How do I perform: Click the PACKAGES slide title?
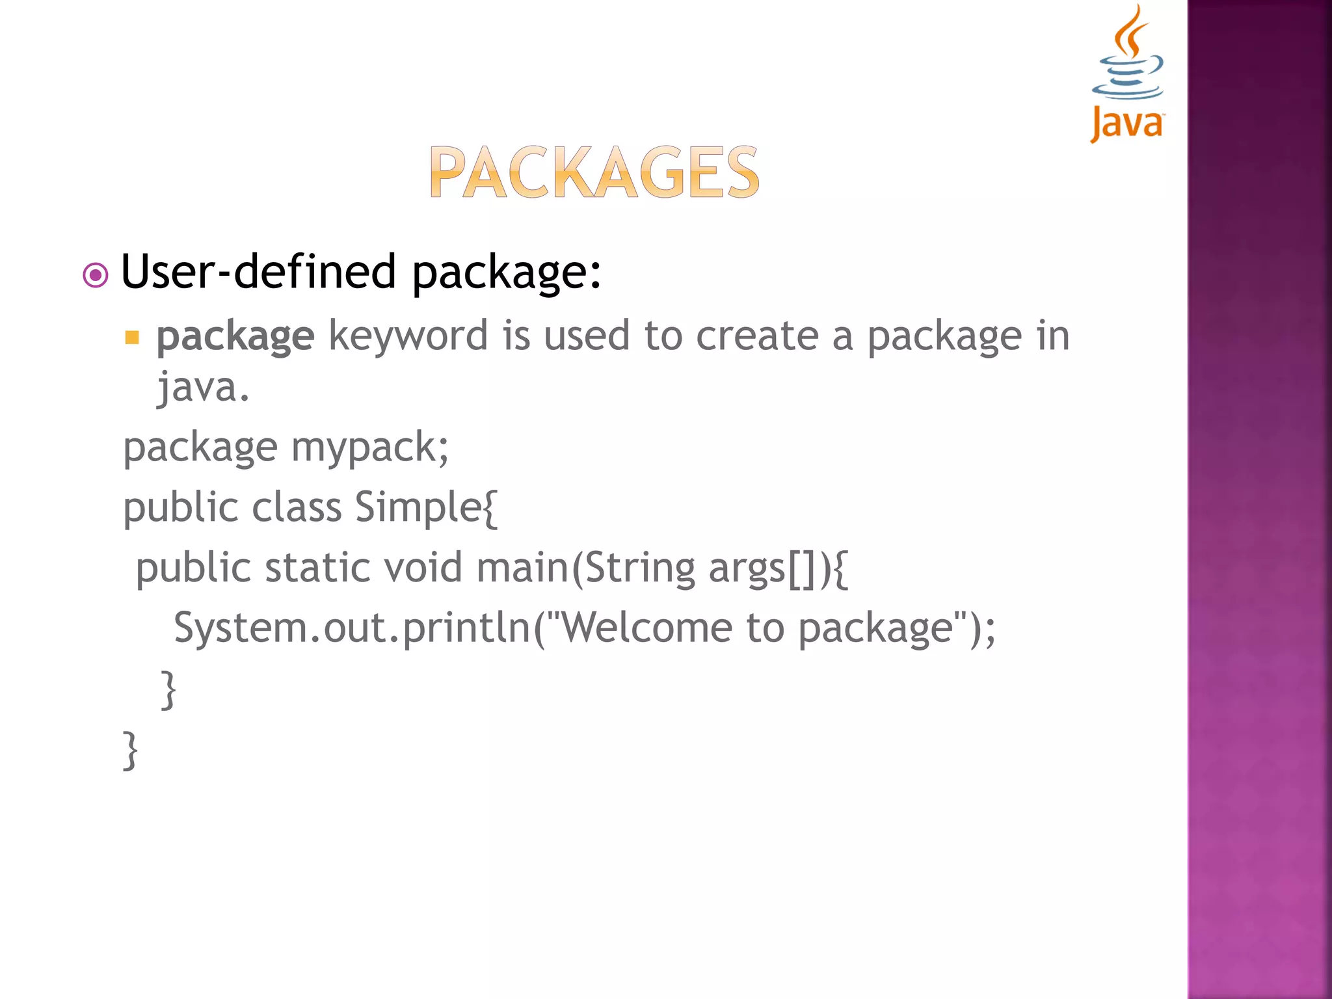(x=594, y=172)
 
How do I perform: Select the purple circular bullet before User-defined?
(x=96, y=275)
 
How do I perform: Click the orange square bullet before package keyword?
(x=132, y=338)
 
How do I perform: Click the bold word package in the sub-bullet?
(x=235, y=337)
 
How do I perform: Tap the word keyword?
(x=408, y=337)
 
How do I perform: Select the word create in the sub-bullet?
(x=757, y=337)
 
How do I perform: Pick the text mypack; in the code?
(x=369, y=448)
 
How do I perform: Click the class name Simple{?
(x=426, y=507)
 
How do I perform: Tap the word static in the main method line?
(x=317, y=568)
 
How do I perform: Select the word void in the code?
(x=423, y=568)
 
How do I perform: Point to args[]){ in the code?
(x=778, y=568)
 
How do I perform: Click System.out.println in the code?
(x=352, y=628)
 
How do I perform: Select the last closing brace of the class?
(x=130, y=750)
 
